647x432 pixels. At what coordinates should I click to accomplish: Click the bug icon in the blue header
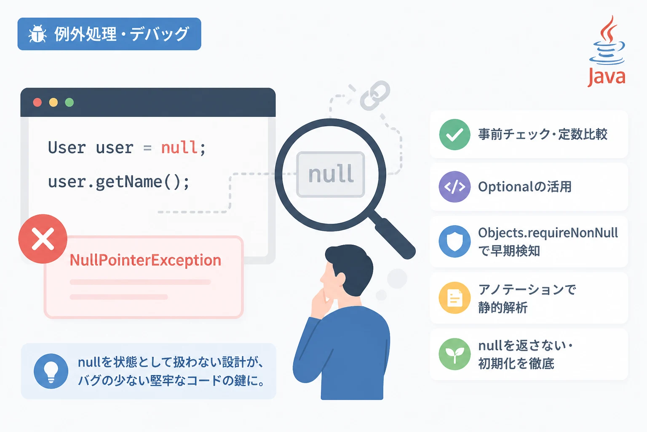[37, 34]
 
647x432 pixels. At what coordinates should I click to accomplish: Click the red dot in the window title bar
[37, 103]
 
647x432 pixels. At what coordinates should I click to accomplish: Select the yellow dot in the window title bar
[53, 103]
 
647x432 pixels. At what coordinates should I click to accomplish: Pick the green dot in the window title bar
[70, 103]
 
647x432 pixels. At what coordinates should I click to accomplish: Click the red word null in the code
[179, 147]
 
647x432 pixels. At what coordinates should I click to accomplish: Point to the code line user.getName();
[119, 182]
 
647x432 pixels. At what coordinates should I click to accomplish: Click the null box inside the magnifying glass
[331, 175]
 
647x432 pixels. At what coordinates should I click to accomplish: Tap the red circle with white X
[43, 239]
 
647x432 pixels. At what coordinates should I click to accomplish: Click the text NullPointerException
[146, 260]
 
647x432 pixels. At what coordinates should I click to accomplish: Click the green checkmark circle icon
[455, 135]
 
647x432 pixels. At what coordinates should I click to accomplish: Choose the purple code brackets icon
[455, 186]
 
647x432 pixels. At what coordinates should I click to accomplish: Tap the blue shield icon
[455, 241]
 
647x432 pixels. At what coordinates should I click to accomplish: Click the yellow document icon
[455, 298]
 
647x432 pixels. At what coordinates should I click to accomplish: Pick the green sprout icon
[455, 354]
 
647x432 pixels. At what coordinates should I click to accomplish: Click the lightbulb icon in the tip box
[51, 371]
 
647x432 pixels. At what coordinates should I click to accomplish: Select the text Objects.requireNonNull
[548, 233]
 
